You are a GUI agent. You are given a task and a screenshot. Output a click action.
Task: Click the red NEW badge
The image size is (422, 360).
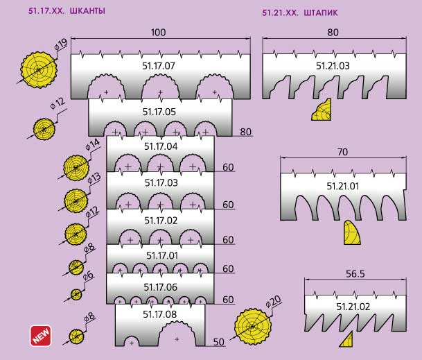pos(41,336)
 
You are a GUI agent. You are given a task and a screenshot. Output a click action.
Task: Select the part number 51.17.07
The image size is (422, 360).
pos(159,66)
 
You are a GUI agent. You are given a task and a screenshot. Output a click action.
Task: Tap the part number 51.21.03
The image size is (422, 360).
pos(333,66)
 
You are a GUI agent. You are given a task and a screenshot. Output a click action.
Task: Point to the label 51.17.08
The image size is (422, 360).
pos(159,314)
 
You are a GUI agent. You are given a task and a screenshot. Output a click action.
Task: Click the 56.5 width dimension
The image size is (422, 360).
pos(355,274)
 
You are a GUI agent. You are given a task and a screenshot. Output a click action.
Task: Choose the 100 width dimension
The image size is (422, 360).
pos(158,33)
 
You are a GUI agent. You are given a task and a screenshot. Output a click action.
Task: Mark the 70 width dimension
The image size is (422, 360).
pos(342,152)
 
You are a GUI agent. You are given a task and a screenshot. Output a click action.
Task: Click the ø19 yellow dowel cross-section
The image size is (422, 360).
pos(39,70)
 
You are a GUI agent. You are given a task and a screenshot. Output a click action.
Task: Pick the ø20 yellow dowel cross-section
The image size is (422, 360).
pos(253,327)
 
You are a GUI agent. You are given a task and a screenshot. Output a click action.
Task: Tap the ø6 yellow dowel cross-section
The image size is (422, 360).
pos(76,294)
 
